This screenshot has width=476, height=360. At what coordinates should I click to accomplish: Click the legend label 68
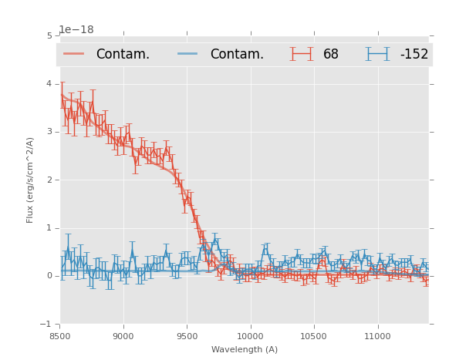(x=331, y=55)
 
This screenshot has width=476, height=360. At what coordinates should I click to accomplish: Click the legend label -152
(x=414, y=55)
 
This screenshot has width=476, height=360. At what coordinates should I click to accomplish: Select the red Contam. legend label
(x=123, y=55)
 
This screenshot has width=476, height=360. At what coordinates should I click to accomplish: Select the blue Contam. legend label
(x=237, y=55)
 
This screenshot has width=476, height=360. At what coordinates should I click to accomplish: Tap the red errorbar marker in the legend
(x=302, y=54)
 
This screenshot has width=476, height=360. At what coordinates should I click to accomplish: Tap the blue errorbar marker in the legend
(x=378, y=54)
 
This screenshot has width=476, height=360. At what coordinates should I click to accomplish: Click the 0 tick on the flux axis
(x=49, y=276)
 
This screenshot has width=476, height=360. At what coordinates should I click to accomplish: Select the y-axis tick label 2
(x=49, y=180)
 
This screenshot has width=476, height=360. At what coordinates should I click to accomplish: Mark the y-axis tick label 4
(x=49, y=84)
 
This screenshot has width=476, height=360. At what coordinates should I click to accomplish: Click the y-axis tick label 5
(x=49, y=35)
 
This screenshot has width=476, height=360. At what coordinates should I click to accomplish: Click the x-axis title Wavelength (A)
(x=245, y=349)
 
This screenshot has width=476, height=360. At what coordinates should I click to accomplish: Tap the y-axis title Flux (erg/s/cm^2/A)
(x=31, y=180)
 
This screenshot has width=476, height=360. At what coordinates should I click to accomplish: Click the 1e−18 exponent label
(x=76, y=30)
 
